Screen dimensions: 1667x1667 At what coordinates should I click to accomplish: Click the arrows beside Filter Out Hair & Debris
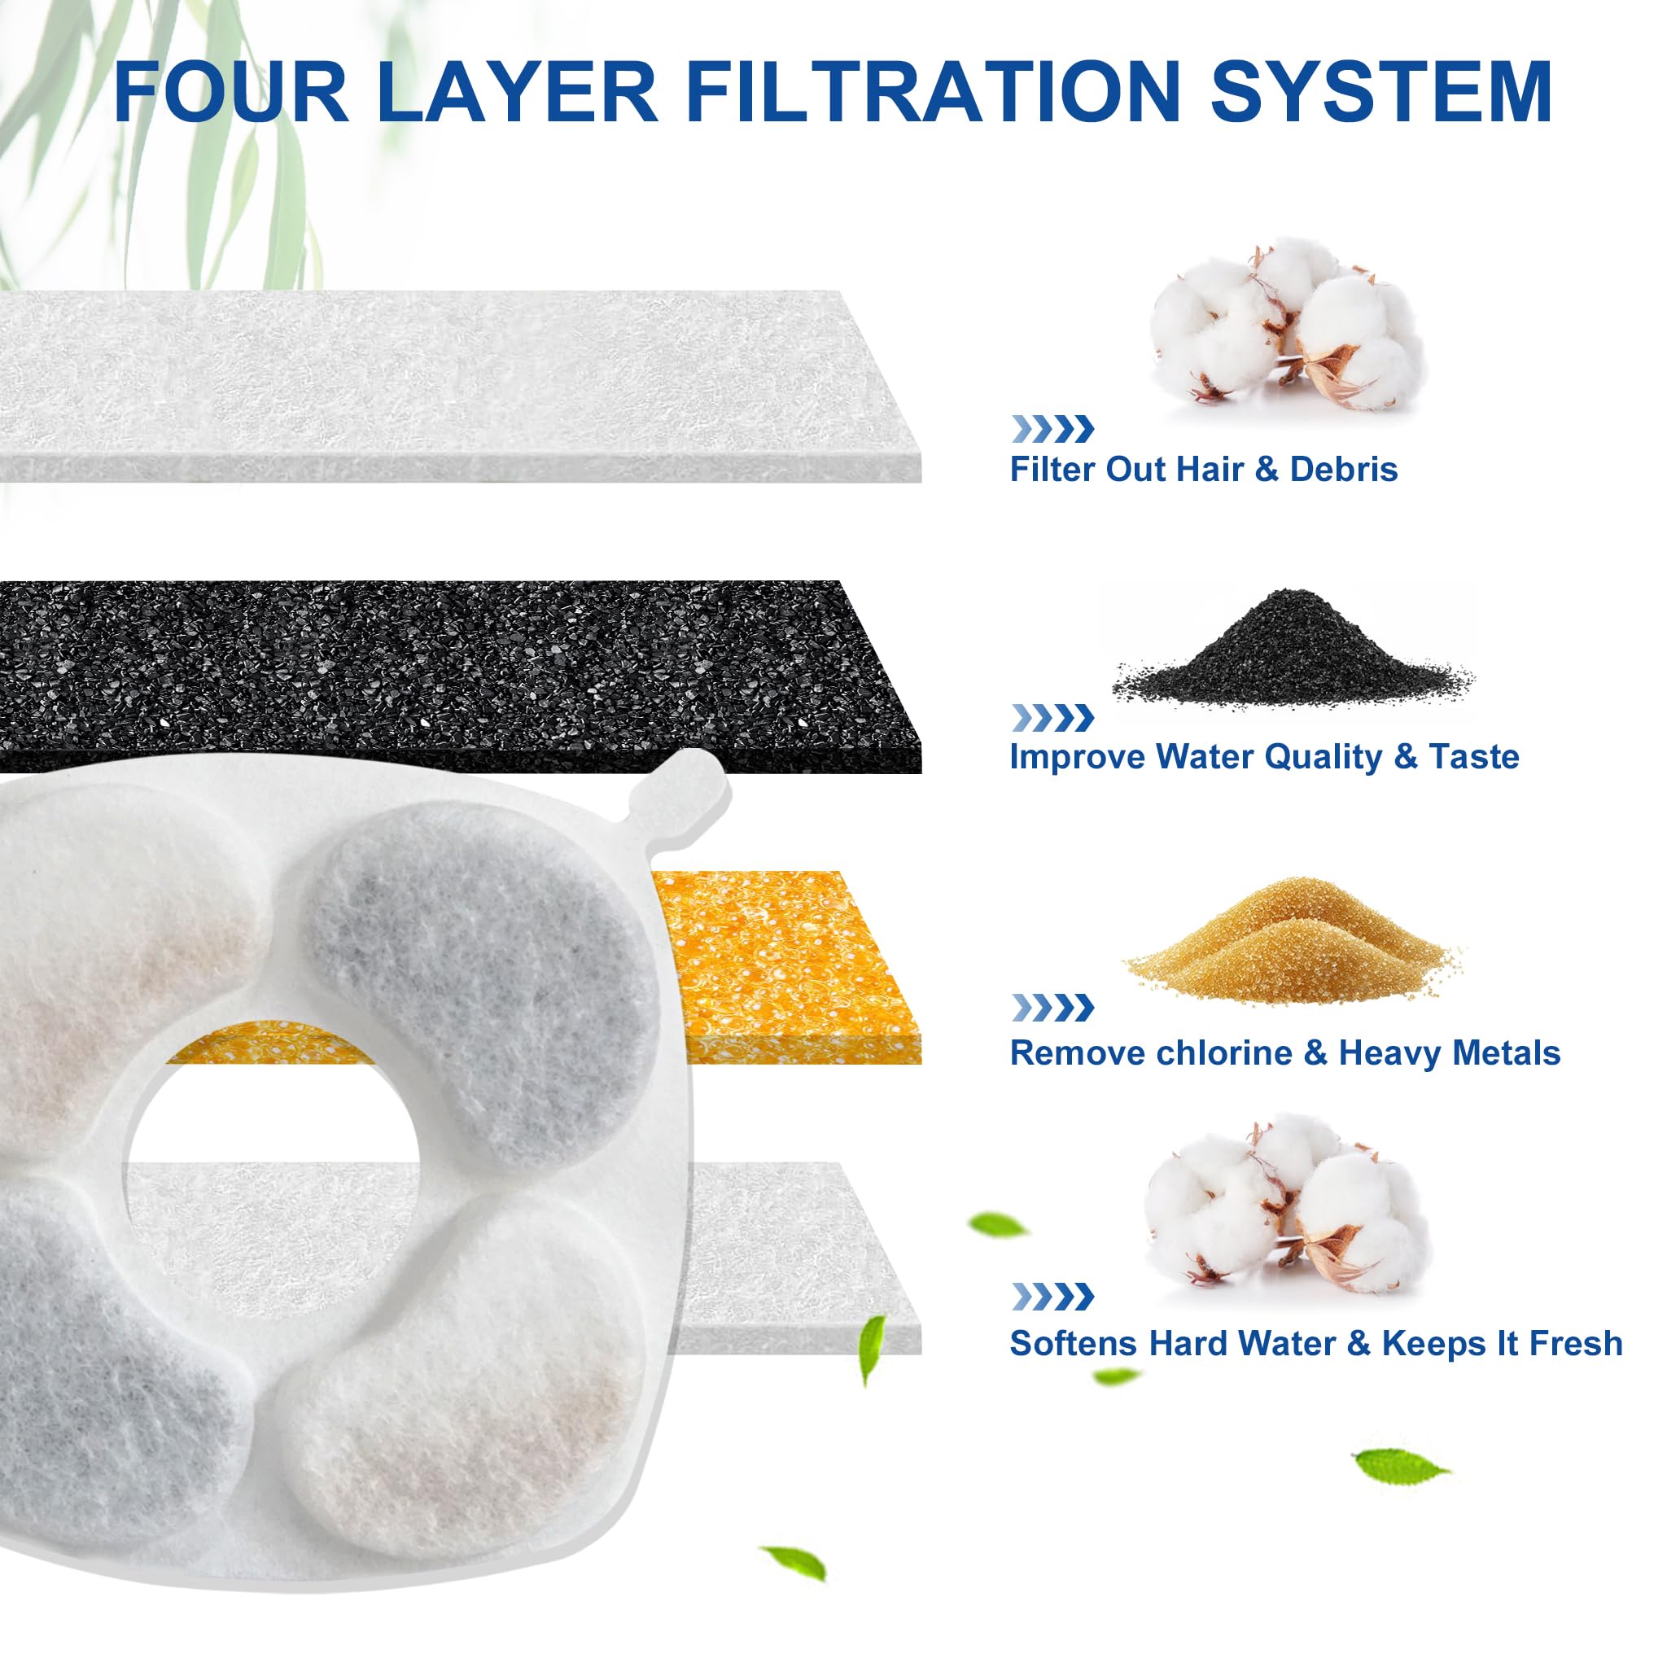pyautogui.click(x=1052, y=429)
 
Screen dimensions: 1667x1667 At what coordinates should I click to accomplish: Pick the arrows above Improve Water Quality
pyautogui.click(x=1052, y=717)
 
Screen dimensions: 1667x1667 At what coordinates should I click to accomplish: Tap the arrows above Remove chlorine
pyautogui.click(x=1052, y=1007)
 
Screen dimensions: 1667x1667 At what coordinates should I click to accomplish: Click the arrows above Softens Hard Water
pyautogui.click(x=1052, y=1296)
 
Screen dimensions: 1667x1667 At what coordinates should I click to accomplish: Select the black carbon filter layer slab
pyautogui.click(x=448, y=673)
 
